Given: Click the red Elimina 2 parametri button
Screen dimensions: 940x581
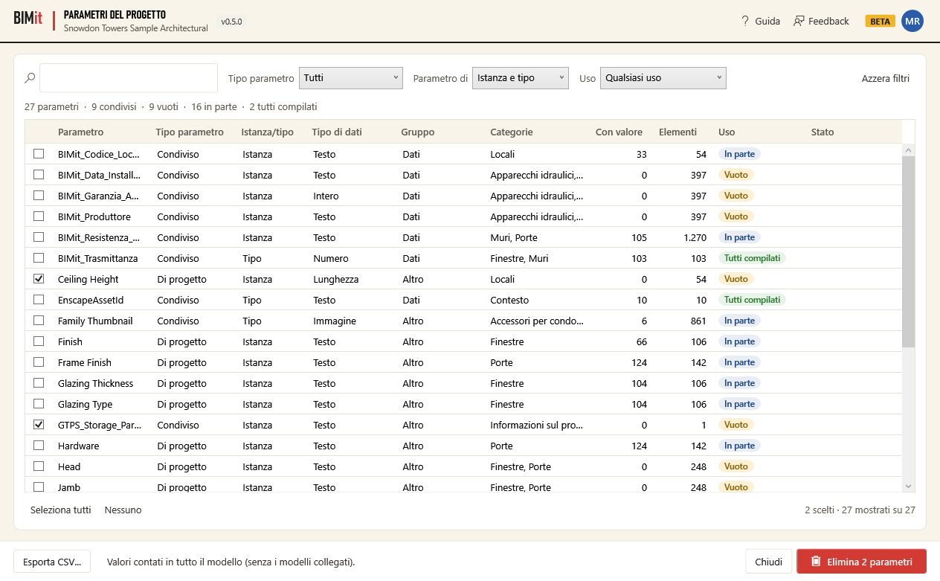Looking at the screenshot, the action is [x=861, y=561].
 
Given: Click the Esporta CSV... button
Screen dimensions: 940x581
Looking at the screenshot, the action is [x=52, y=561].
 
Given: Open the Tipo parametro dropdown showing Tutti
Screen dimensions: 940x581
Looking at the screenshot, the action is [x=351, y=78].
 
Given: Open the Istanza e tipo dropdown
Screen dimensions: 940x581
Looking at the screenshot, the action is [x=521, y=78].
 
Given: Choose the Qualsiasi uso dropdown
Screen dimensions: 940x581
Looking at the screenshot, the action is [x=663, y=78].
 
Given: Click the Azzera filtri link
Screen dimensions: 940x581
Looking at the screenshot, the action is [x=886, y=79].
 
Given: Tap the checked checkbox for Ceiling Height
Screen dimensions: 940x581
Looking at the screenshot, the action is [x=39, y=279].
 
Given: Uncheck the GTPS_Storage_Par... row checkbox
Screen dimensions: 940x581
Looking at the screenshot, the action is [x=39, y=425].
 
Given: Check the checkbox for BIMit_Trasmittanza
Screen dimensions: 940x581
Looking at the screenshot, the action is [x=39, y=257].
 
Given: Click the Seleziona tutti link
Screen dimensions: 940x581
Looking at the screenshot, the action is [x=60, y=510].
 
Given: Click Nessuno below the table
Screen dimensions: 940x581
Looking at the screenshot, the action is [x=123, y=510].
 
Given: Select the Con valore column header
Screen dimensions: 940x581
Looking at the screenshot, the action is [x=619, y=132].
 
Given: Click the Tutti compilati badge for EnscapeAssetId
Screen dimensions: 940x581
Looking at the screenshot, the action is [x=752, y=300].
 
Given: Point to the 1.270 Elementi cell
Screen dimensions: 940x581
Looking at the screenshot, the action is [x=695, y=237].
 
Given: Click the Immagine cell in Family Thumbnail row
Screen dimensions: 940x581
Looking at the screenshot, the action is [x=335, y=321].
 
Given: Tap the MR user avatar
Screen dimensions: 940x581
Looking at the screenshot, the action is [x=912, y=21].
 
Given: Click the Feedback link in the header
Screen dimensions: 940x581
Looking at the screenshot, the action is [x=821, y=21].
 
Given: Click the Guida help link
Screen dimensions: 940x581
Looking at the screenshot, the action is [x=760, y=21].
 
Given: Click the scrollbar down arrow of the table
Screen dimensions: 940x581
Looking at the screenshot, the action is [x=909, y=486].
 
